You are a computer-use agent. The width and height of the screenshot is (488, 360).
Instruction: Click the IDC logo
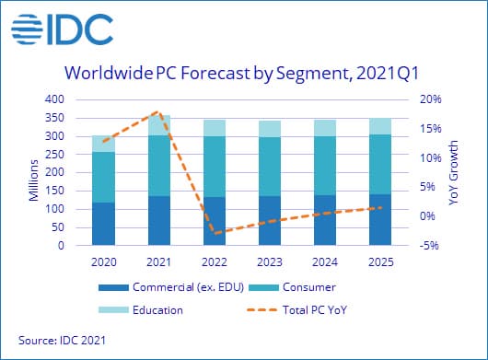pyautogui.click(x=63, y=29)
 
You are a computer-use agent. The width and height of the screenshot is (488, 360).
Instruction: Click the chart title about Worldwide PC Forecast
pyautogui.click(x=242, y=74)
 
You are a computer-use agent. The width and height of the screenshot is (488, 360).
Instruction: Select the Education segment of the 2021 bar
pyautogui.click(x=159, y=125)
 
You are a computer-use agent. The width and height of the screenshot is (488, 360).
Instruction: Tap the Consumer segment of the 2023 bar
pyautogui.click(x=270, y=167)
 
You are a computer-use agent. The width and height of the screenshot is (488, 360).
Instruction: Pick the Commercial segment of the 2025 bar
pyautogui.click(x=380, y=220)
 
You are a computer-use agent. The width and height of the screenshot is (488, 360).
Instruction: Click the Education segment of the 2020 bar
pyautogui.click(x=104, y=144)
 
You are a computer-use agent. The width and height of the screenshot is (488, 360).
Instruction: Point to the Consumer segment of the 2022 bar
pyautogui.click(x=215, y=167)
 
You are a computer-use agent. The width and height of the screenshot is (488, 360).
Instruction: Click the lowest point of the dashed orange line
pyautogui.click(x=215, y=233)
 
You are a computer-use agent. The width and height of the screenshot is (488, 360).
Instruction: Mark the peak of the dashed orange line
pyautogui.click(x=158, y=111)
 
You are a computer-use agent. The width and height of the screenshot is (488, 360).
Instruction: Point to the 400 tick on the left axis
pyautogui.click(x=54, y=99)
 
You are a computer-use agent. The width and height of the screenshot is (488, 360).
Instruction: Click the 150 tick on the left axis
pyautogui.click(x=54, y=191)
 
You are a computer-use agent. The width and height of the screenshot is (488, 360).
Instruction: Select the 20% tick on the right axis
pyautogui.click(x=431, y=99)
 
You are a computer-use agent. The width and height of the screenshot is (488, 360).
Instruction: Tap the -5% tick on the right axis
pyautogui.click(x=429, y=246)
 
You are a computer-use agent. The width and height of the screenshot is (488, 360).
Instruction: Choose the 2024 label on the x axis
pyautogui.click(x=325, y=262)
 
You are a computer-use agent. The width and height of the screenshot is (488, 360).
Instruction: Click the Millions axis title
pyautogui.click(x=33, y=180)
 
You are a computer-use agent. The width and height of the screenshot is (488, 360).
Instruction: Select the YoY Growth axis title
pyautogui.click(x=454, y=173)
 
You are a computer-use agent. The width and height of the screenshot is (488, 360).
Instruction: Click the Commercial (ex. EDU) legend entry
pyautogui.click(x=171, y=287)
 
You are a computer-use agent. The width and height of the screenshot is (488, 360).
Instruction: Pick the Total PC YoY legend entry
pyautogui.click(x=296, y=310)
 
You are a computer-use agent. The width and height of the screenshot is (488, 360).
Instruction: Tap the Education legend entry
pyautogui.click(x=141, y=310)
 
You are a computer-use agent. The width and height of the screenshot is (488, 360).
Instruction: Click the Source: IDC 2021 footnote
pyautogui.click(x=63, y=340)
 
